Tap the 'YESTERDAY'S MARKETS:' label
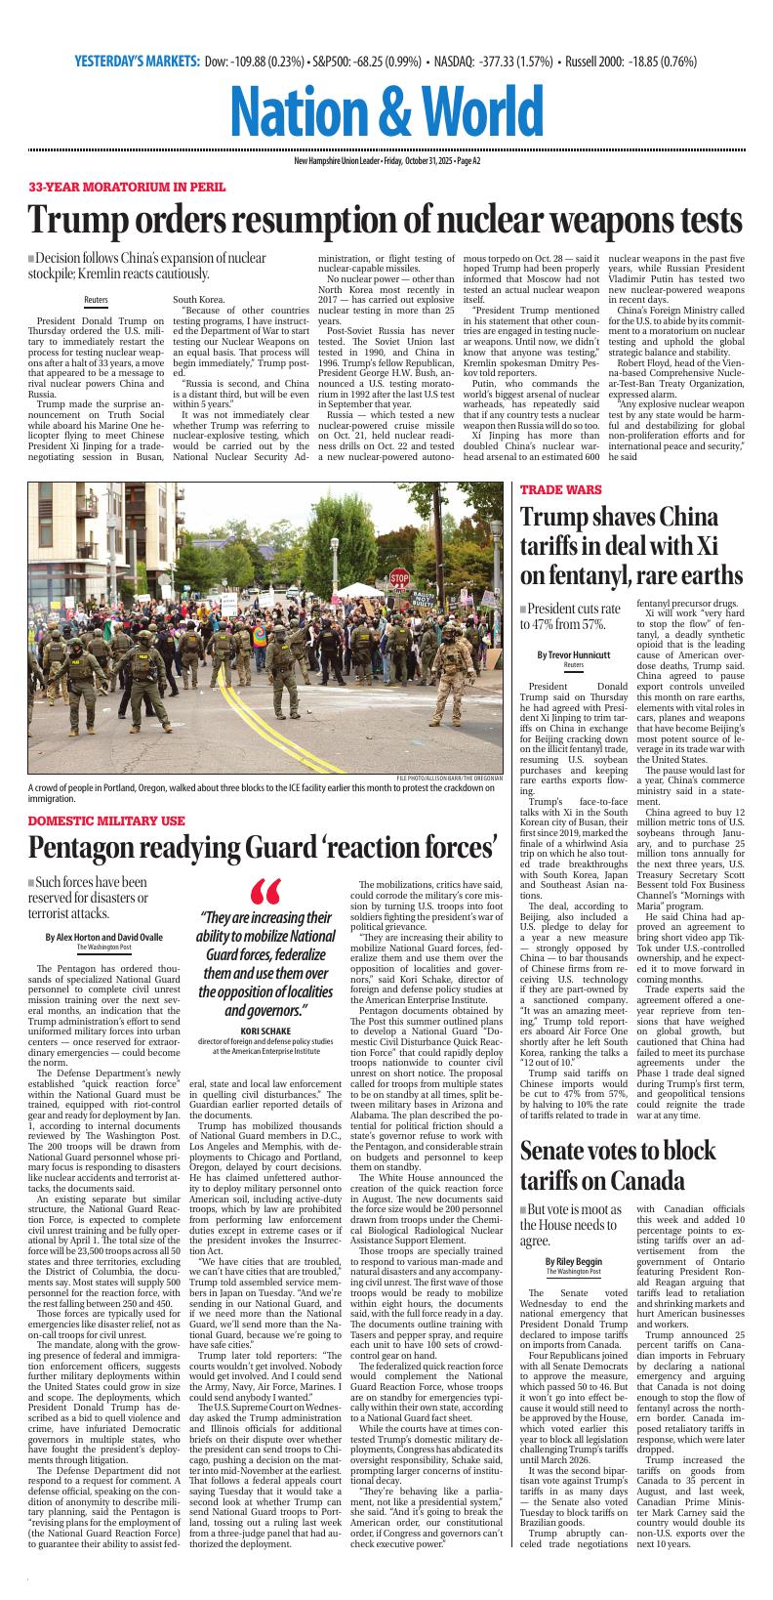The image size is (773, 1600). (137, 62)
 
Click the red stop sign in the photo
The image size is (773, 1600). (399, 578)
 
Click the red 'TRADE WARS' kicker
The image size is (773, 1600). (560, 489)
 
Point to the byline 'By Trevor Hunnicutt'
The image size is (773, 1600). (573, 654)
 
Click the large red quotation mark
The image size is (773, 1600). (264, 893)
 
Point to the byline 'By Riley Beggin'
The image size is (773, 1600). (573, 1261)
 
